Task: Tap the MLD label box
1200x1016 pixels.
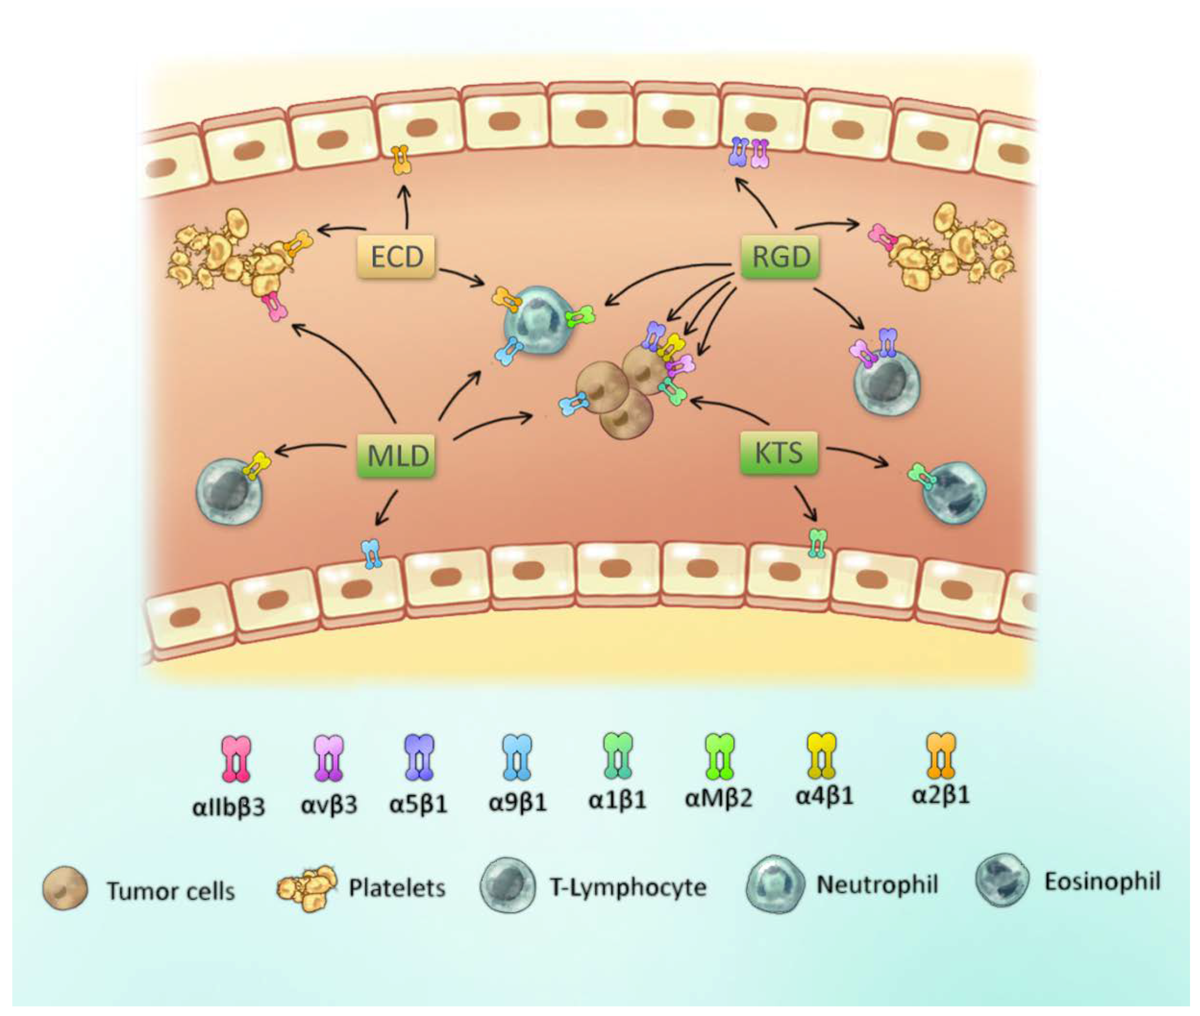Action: point(396,455)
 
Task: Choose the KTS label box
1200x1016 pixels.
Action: point(778,453)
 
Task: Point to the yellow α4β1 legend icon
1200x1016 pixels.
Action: point(821,756)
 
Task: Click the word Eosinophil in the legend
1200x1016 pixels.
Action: point(1102,882)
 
